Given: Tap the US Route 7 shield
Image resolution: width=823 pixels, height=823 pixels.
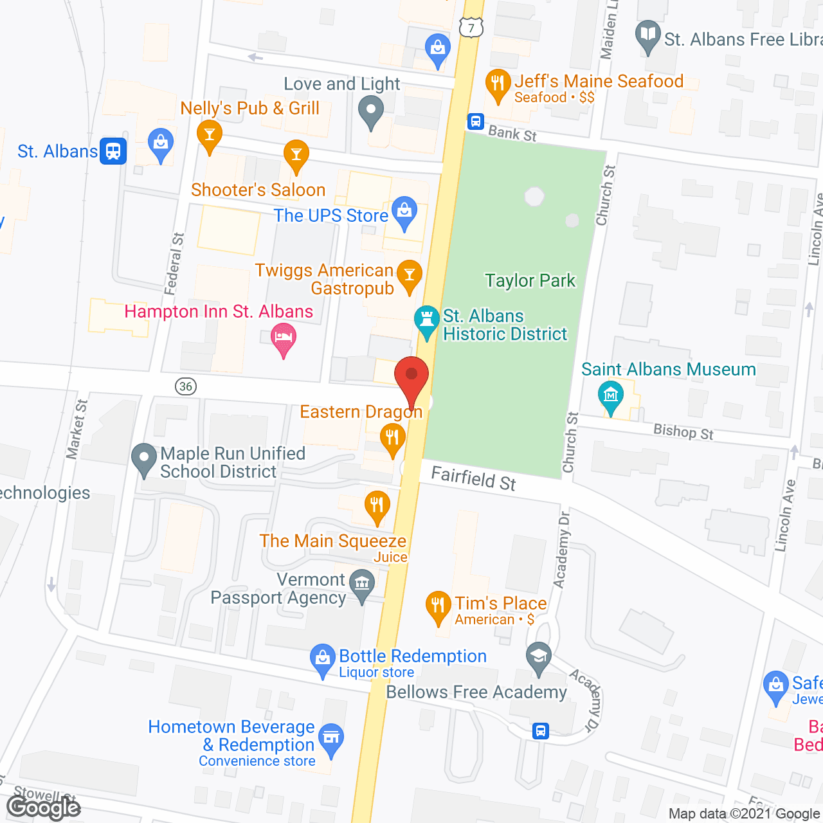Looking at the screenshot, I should tap(471, 28).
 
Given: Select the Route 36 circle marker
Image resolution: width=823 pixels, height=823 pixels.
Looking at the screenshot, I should tap(186, 386).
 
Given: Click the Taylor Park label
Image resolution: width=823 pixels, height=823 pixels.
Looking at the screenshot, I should tap(530, 281).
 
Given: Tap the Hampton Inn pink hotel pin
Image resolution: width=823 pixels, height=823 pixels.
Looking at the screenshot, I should tap(284, 338).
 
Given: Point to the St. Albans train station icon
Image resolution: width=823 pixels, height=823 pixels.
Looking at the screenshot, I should tap(113, 151).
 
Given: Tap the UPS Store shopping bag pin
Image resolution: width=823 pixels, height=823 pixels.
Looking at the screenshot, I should tap(404, 212).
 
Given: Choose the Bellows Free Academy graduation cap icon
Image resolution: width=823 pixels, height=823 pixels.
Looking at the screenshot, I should tap(539, 657).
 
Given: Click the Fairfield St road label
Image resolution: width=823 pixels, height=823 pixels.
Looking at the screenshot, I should tap(473, 478).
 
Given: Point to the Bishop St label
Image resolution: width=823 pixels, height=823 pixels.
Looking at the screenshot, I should tap(683, 431).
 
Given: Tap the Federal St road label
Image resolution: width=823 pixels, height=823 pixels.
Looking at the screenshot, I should tap(174, 264).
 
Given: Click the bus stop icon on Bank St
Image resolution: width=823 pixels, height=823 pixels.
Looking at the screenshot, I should tap(475, 121).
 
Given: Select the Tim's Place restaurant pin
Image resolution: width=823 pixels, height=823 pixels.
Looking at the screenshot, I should tap(438, 606).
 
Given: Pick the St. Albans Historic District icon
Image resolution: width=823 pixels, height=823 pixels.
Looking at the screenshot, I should tap(426, 320).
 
